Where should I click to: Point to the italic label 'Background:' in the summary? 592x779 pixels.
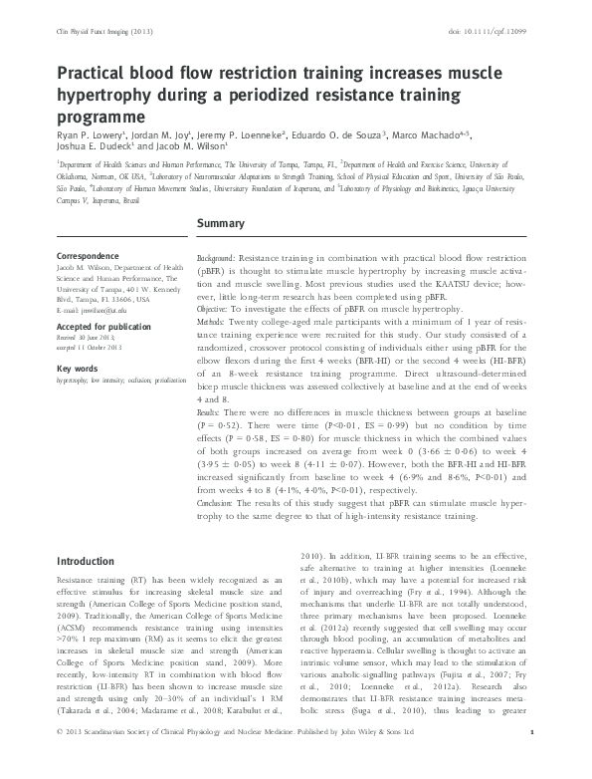pos(217,257)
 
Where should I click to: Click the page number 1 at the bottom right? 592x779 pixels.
pos(533,759)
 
